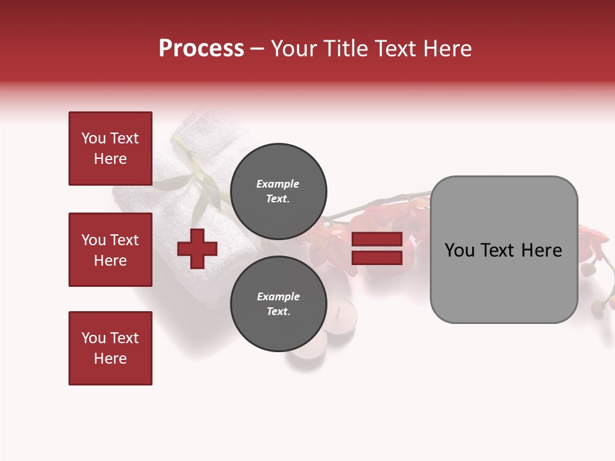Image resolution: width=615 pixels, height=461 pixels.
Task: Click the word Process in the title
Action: tap(201, 49)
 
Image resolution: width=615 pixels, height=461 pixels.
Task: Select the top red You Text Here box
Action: tap(110, 149)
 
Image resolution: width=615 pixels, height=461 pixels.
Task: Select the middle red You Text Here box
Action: tap(110, 250)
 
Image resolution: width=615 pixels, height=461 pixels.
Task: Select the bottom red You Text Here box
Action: tap(110, 348)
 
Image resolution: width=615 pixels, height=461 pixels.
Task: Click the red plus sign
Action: tap(197, 248)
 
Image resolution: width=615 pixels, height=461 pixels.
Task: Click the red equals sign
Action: tap(377, 248)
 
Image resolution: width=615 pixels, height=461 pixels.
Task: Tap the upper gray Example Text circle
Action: tap(278, 191)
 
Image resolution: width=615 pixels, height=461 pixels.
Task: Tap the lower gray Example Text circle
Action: tap(278, 304)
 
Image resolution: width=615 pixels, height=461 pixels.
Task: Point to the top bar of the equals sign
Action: tap(377, 239)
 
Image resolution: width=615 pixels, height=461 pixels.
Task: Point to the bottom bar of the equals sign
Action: tap(377, 258)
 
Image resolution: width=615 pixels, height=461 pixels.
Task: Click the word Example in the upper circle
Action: tap(278, 184)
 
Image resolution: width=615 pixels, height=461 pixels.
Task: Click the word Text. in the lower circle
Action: tap(278, 312)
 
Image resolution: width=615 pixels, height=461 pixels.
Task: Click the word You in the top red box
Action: tap(94, 138)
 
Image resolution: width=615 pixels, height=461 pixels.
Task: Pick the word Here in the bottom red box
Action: tap(110, 359)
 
